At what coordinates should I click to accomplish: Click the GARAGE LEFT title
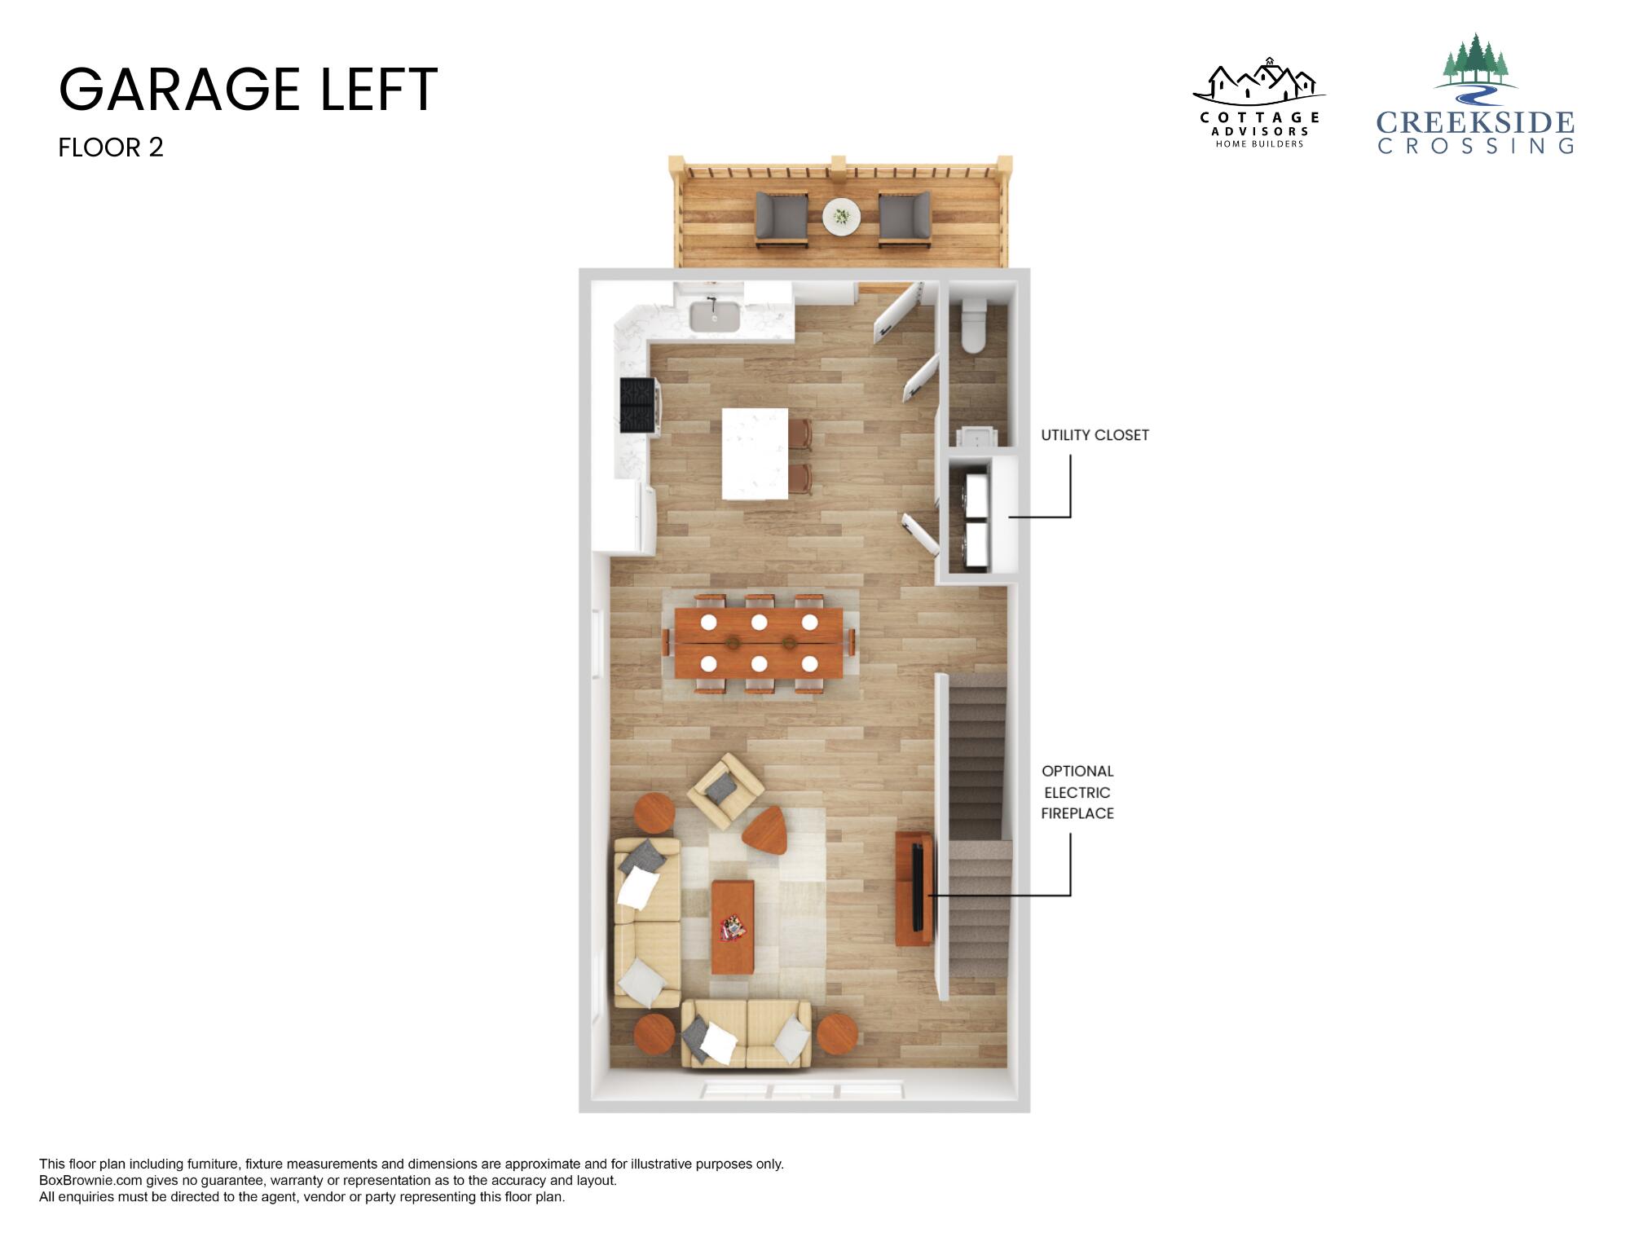[x=249, y=90]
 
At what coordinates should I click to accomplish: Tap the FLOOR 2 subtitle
[x=111, y=147]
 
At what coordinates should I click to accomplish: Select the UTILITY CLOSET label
[x=1095, y=435]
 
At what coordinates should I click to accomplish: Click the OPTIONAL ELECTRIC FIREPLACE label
[x=1077, y=792]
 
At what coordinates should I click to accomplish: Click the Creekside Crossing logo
[x=1475, y=95]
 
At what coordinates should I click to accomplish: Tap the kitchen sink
[x=715, y=316]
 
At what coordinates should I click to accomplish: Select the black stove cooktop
[x=638, y=405]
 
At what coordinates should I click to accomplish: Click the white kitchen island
[x=755, y=454]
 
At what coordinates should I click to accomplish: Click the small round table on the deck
[x=842, y=217]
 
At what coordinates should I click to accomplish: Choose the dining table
[x=759, y=644]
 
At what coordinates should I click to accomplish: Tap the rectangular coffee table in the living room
[x=733, y=927]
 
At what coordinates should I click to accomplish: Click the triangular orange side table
[x=766, y=830]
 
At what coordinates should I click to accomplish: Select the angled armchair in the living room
[x=725, y=787]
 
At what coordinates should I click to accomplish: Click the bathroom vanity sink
[x=975, y=436]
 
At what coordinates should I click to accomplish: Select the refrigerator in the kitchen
[x=625, y=517]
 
